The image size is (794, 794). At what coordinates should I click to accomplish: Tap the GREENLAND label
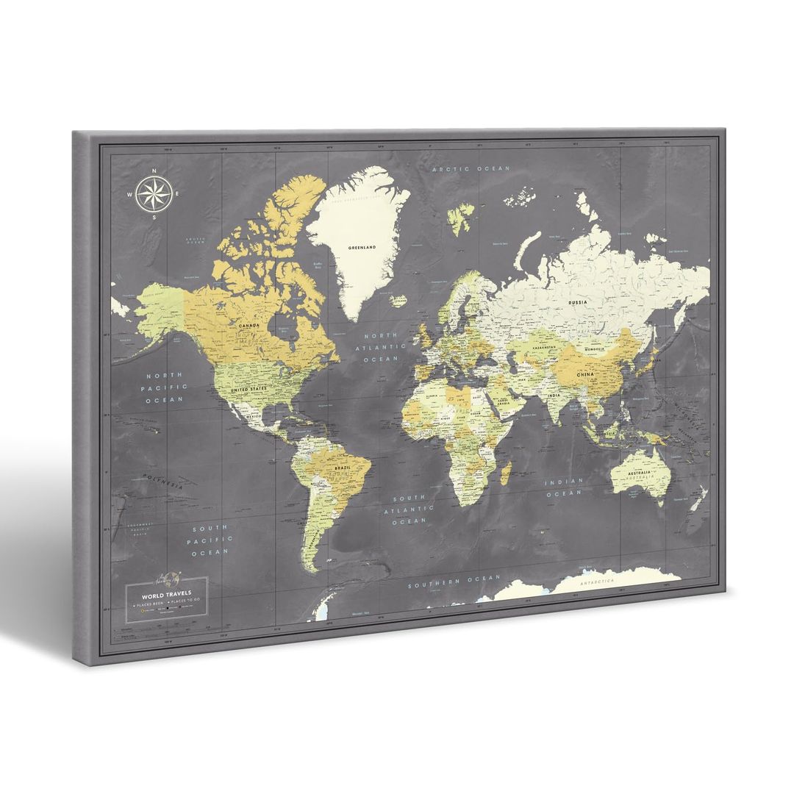362,248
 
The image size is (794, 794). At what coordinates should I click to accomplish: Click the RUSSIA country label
576,301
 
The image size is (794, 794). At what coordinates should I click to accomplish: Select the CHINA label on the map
585,374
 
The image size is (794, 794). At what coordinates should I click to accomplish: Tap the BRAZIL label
341,468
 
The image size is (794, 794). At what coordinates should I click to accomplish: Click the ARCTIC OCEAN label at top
471,169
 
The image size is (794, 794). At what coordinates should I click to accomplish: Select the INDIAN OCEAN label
564,487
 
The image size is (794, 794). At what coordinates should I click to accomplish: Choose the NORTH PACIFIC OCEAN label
165,387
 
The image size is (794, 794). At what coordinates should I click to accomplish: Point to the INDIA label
554,396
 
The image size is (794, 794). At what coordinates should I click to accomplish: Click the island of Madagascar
505,471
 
